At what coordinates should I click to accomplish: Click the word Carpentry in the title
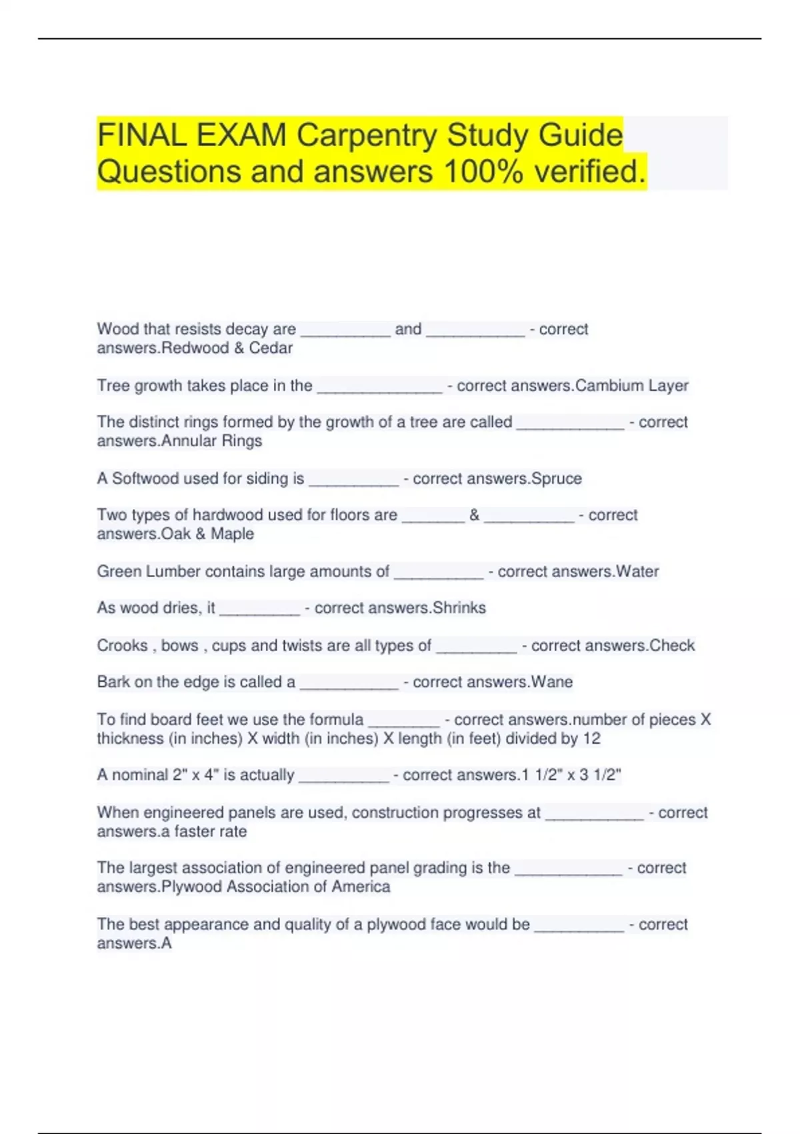click(367, 135)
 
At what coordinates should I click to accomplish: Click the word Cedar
click(271, 348)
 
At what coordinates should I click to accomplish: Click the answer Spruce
click(557, 479)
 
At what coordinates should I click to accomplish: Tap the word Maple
click(232, 534)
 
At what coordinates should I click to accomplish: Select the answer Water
click(637, 572)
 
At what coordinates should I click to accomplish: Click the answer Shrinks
click(459, 608)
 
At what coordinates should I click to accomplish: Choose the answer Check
click(672, 646)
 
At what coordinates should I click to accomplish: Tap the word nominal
click(140, 775)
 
